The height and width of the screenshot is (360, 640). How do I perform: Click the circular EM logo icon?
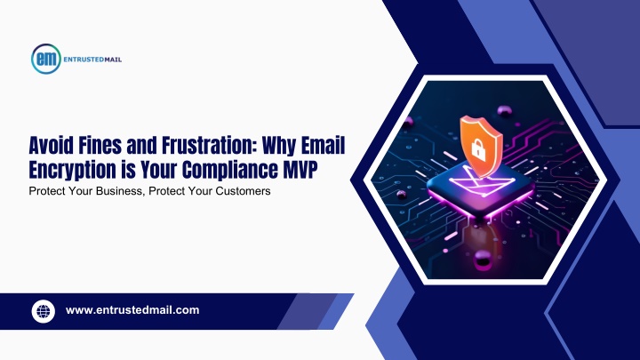(x=46, y=59)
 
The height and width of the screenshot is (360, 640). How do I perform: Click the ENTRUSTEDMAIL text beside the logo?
(x=92, y=60)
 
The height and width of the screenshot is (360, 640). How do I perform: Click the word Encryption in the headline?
(x=72, y=171)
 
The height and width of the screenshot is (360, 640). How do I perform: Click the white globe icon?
(x=44, y=311)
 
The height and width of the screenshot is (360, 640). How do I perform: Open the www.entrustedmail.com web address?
(x=132, y=310)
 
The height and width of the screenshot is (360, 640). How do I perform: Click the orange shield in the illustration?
(x=481, y=146)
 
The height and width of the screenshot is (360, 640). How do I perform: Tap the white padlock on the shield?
(x=478, y=150)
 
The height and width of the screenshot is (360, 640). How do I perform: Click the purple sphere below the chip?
(x=484, y=259)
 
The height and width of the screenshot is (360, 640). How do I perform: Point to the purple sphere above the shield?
(x=504, y=110)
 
